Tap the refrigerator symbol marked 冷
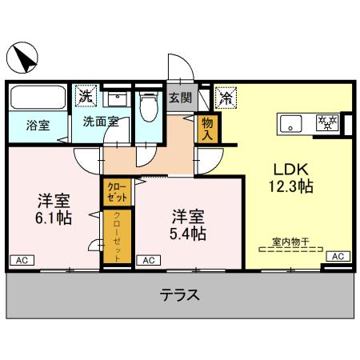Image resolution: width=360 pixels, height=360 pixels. tap(226, 98)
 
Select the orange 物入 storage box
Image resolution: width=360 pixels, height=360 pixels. tap(207, 128)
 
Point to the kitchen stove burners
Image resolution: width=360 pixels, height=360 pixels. tap(328, 123)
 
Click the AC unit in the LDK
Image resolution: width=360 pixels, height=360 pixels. tap(337, 256)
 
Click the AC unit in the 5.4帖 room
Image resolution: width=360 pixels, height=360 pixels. tap(149, 260)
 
